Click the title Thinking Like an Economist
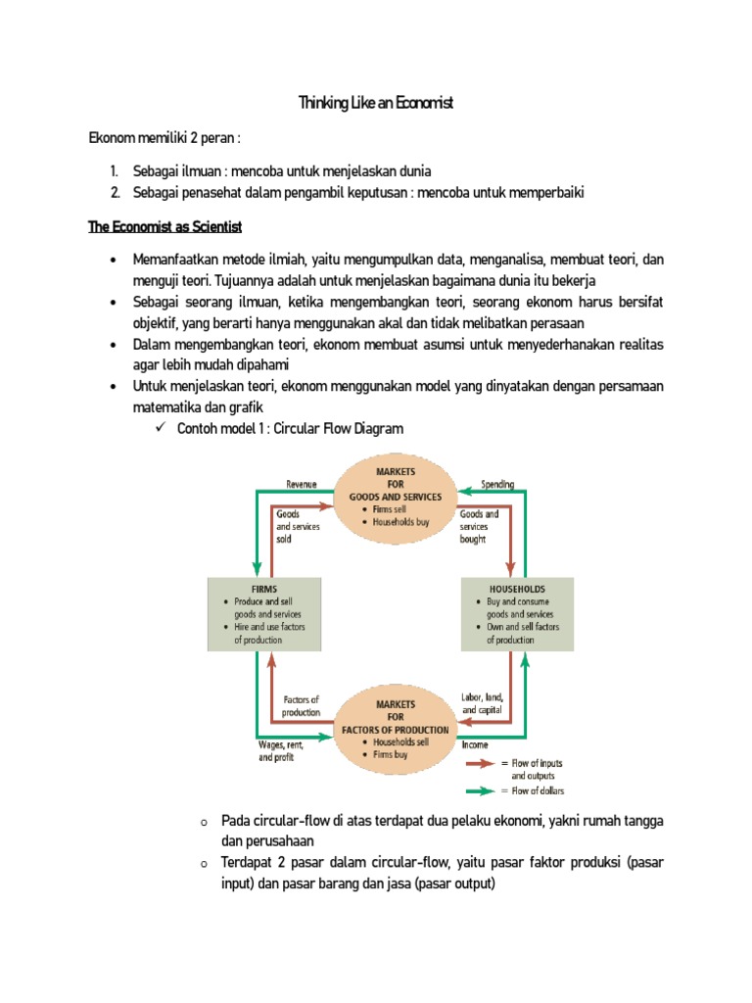pyautogui.click(x=376, y=103)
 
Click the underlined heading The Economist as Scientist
pyautogui.click(x=164, y=227)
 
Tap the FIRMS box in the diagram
pyautogui.click(x=263, y=614)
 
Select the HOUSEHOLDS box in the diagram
pyautogui.click(x=517, y=614)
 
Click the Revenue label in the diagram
pyautogui.click(x=302, y=483)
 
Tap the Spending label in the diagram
pyautogui.click(x=497, y=483)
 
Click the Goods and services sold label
pyautogui.click(x=297, y=526)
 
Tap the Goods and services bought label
pyautogui.click(x=480, y=526)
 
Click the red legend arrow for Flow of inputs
pyautogui.click(x=482, y=763)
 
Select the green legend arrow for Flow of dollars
pyautogui.click(x=482, y=790)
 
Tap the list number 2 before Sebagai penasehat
pyautogui.click(x=115, y=193)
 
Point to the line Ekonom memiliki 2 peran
pyautogui.click(x=164, y=138)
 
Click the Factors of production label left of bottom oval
pyautogui.click(x=301, y=706)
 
